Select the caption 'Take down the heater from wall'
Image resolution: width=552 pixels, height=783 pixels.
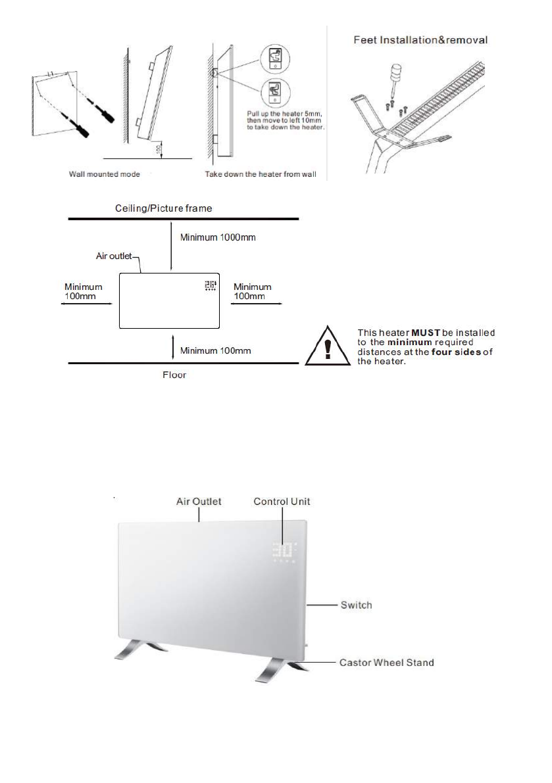point(259,175)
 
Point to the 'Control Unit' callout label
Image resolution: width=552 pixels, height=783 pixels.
point(282,502)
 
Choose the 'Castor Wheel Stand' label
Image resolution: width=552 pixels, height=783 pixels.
point(386,662)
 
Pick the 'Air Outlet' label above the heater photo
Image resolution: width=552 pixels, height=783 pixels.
point(199,502)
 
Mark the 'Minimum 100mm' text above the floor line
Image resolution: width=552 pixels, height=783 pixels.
point(216,350)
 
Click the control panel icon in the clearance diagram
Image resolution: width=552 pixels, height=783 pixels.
point(211,286)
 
